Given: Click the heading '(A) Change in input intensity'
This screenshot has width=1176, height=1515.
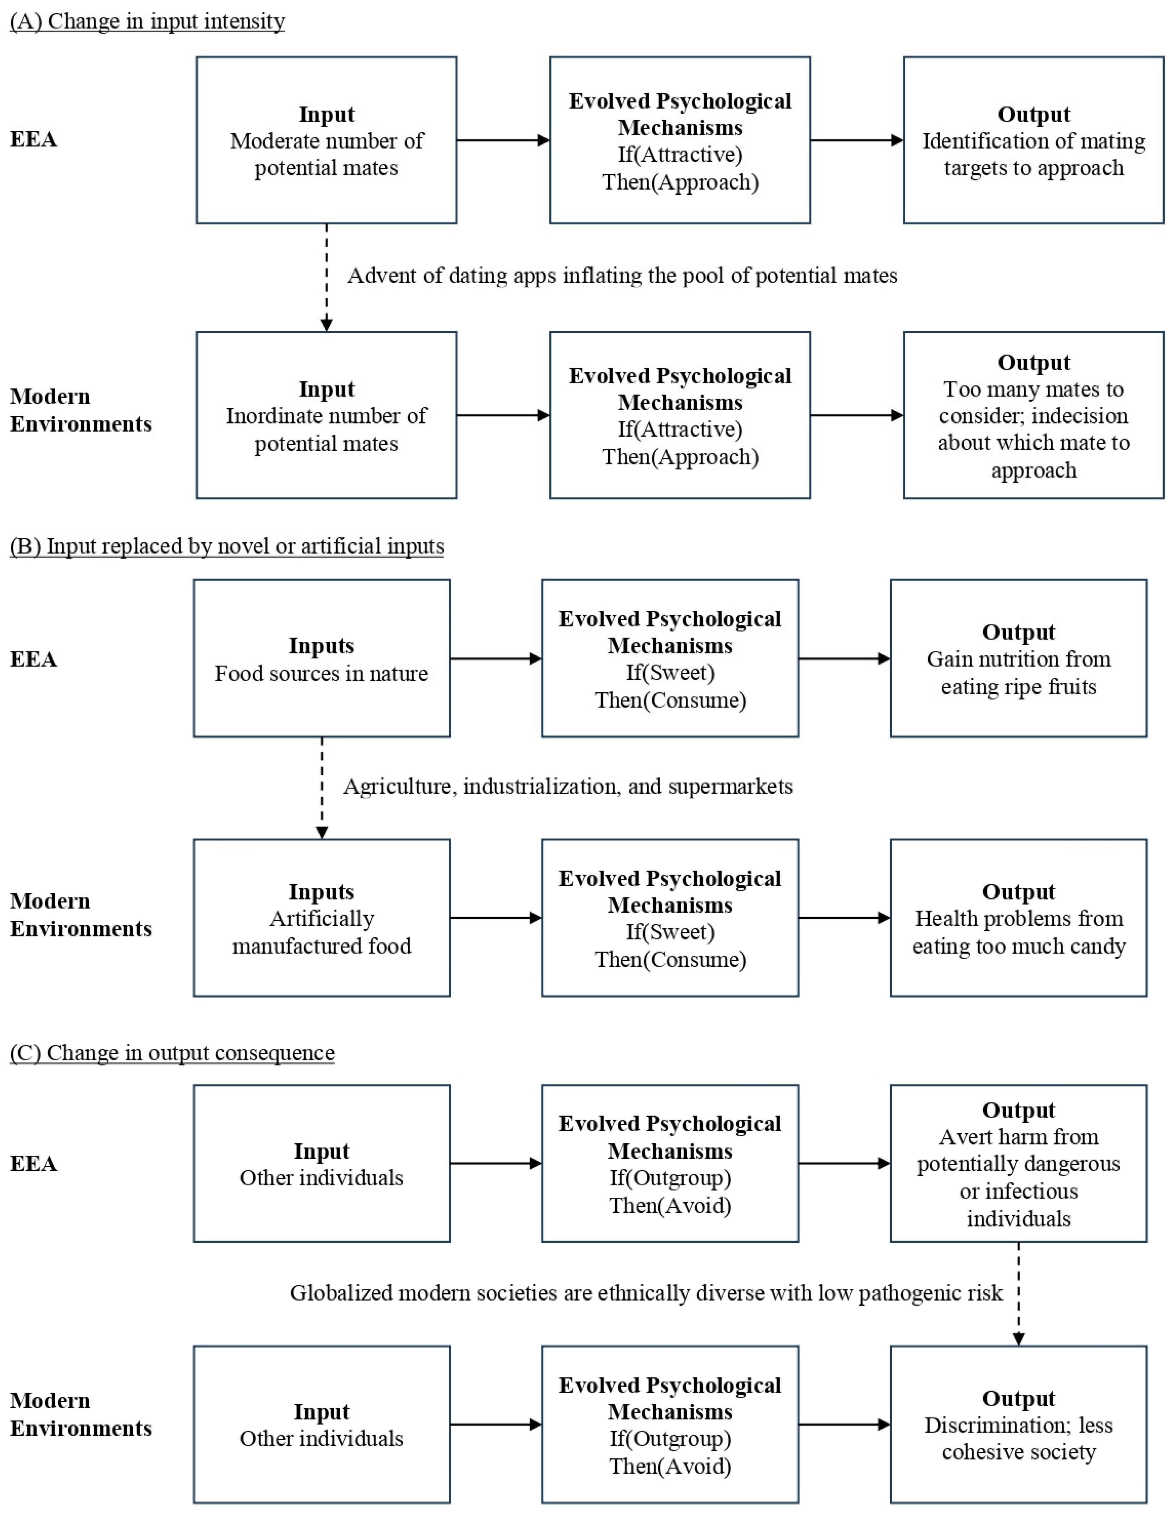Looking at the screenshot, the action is [147, 22].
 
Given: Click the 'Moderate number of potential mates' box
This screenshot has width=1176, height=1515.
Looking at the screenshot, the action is [327, 140].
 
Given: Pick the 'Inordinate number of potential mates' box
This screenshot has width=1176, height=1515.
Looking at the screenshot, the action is [327, 415].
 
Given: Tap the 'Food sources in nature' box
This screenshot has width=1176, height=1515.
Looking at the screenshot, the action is [322, 658].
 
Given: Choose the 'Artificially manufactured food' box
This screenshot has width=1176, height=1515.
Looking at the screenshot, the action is [322, 918].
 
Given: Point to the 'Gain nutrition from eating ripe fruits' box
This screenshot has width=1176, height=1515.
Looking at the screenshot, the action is [1019, 658].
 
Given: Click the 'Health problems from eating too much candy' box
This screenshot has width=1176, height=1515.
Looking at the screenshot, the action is [1019, 918].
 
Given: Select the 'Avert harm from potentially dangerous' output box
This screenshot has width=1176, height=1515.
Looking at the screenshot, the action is [1019, 1163].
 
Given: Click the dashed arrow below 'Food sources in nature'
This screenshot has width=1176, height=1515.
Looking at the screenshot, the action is [322, 788].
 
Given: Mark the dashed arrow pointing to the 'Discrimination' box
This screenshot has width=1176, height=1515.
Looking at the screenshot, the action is [1019, 1294].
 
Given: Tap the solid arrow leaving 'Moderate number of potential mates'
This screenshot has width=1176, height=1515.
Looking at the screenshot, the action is [503, 140].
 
